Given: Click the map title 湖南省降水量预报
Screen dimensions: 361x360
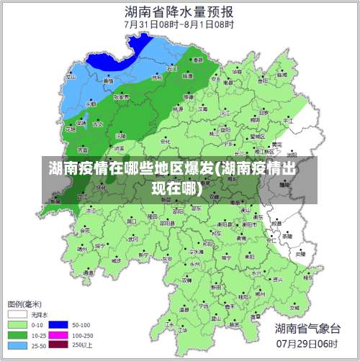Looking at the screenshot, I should pyautogui.click(x=179, y=12).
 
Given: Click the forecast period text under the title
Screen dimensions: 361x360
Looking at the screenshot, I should pyautogui.click(x=179, y=24).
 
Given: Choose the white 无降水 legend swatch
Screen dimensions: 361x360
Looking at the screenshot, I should pyautogui.click(x=18, y=314).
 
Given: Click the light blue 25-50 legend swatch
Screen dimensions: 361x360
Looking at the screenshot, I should pyautogui.click(x=18, y=344).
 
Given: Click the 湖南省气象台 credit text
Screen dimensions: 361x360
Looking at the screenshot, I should pyautogui.click(x=307, y=329).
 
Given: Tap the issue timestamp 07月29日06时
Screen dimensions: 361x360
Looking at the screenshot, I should pyautogui.click(x=307, y=344).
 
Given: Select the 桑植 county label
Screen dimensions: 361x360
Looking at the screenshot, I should pyautogui.click(x=108, y=81).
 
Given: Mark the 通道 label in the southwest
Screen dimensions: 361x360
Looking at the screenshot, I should pyautogui.click(x=89, y=273).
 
